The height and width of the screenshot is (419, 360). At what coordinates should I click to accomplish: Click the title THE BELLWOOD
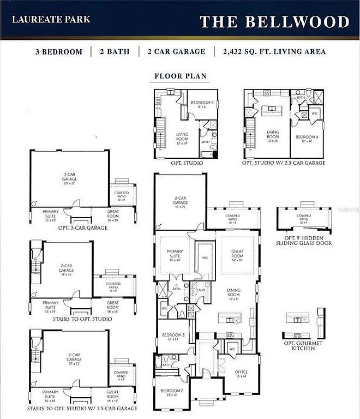point(274,22)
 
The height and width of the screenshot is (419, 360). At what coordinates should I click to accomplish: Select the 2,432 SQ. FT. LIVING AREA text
point(274,52)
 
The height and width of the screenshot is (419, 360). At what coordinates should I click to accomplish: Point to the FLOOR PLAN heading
point(181,76)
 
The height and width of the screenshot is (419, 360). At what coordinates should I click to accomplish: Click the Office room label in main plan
point(241,374)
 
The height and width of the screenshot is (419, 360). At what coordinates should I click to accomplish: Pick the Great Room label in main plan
point(237,254)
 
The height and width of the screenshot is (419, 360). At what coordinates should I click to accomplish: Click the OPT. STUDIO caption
point(186,163)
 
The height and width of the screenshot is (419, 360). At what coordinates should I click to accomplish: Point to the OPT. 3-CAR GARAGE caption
point(82,228)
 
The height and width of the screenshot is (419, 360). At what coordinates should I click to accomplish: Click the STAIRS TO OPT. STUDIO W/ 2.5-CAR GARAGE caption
point(82,408)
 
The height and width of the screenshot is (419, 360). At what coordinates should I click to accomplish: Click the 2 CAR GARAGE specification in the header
point(176,52)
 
